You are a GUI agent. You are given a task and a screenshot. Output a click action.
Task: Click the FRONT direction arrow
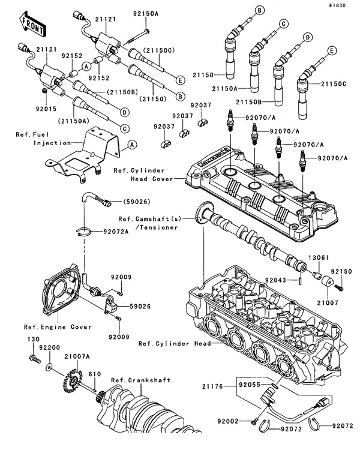click(x=31, y=25)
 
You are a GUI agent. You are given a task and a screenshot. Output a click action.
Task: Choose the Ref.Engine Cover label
click(x=58, y=327)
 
